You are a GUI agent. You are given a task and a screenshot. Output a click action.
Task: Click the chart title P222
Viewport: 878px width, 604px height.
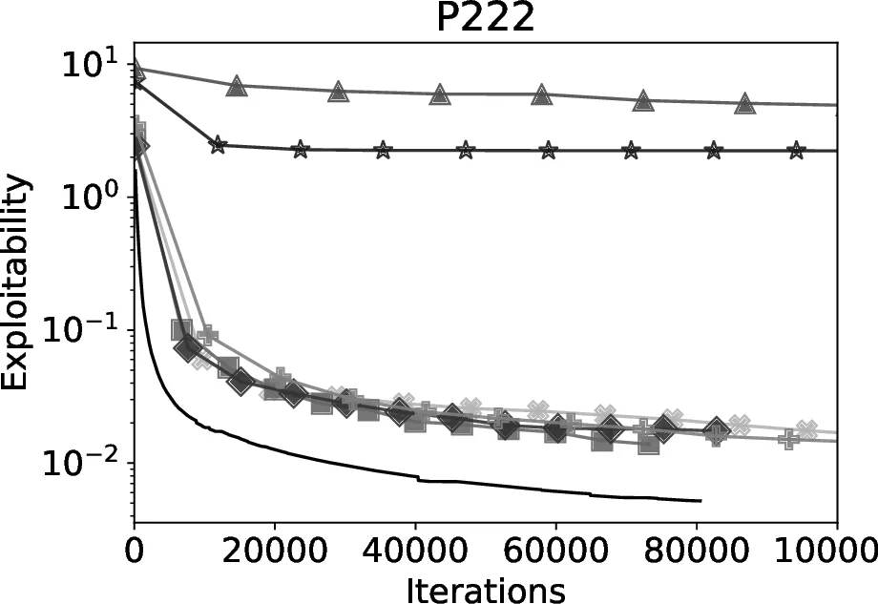[x=485, y=19]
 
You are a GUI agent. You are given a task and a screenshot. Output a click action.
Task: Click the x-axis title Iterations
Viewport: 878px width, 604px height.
[x=486, y=588]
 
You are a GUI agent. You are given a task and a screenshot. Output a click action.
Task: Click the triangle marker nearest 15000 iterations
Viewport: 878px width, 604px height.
[x=237, y=87]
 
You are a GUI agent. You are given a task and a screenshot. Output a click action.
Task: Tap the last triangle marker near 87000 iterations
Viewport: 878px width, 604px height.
[x=745, y=102]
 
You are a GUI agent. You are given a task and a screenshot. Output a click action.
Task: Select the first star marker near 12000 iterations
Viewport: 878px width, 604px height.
[x=218, y=145]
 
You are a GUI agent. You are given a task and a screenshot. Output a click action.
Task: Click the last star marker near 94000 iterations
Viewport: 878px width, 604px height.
[x=796, y=151]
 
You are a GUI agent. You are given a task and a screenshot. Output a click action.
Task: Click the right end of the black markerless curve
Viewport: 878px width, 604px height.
[x=701, y=500]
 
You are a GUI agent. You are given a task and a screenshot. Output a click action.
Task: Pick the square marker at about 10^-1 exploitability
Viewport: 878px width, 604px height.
[x=181, y=330]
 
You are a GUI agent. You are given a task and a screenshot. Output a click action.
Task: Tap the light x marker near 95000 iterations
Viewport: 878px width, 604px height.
[x=807, y=429]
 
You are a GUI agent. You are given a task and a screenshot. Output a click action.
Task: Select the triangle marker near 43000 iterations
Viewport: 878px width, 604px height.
[x=440, y=94]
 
